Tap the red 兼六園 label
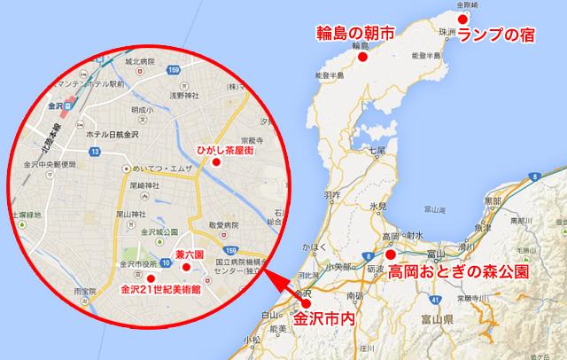pyautogui.click(x=190, y=255)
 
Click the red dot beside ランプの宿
pyautogui.click(x=461, y=17)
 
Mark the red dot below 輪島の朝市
pyautogui.click(x=361, y=57)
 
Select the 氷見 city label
pyautogui.click(x=378, y=206)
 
